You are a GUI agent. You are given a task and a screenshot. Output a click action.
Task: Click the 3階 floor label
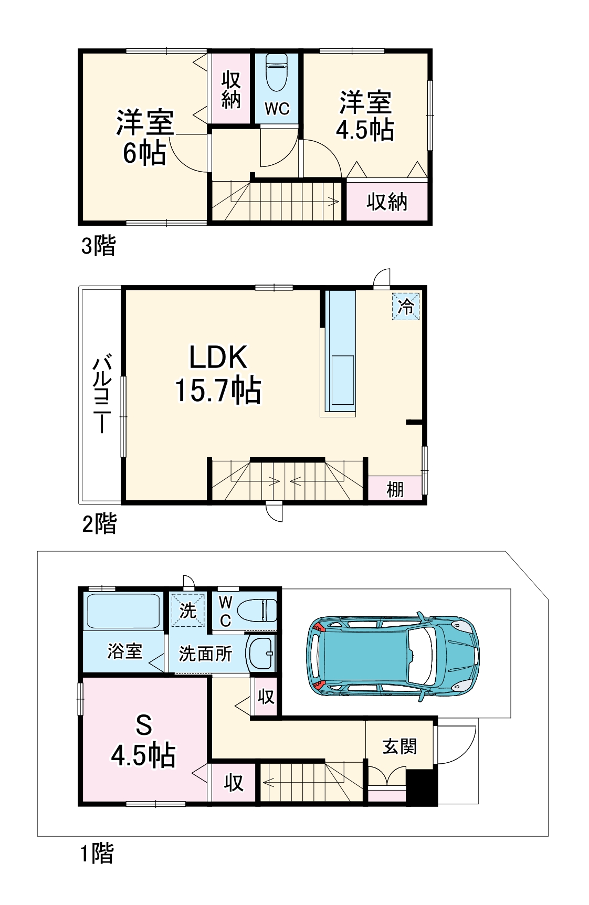pos(98,246)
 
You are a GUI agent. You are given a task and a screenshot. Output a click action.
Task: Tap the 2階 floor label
pos(99,523)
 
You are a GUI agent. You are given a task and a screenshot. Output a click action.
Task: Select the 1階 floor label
pos(97,853)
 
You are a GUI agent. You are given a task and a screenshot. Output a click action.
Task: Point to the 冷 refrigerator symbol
pos(406,306)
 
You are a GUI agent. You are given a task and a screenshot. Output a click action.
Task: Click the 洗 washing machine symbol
pos(188,610)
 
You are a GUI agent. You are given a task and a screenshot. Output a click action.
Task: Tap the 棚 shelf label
pos(395,489)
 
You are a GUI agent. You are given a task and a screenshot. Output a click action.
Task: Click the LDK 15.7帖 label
pos(218,374)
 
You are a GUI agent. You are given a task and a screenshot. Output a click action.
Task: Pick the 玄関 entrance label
pos(399,746)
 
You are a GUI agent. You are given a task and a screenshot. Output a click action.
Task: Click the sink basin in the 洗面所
pos(261,653)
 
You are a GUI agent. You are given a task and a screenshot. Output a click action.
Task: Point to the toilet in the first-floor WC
pos(256,611)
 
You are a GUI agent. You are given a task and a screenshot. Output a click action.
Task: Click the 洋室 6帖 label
pos(144,137)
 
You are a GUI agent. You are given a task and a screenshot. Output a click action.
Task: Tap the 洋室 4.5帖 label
pos(365,115)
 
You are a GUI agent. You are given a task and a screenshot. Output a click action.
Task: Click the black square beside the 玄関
pos(422,787)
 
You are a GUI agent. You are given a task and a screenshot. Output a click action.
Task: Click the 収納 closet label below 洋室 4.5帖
pos(387,202)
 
